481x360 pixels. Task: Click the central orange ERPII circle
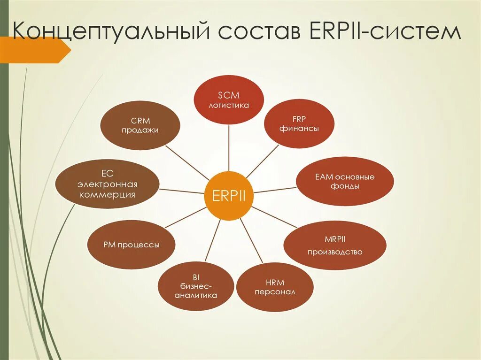pyautogui.click(x=229, y=196)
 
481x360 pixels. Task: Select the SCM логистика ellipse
pyautogui.click(x=229, y=100)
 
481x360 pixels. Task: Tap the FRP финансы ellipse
pyautogui.click(x=299, y=123)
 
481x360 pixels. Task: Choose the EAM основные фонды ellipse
pyautogui.click(x=344, y=181)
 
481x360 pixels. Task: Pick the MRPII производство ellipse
pyautogui.click(x=335, y=245)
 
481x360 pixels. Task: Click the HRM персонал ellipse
pyautogui.click(x=275, y=287)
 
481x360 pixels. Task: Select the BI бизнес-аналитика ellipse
pyautogui.click(x=196, y=287)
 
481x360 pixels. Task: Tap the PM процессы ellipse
pyautogui.click(x=132, y=245)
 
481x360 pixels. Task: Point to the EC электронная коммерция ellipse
pyautogui.click(x=107, y=184)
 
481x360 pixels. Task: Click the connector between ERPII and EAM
pyautogui.click(x=275, y=190)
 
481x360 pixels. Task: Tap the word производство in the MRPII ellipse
pyautogui.click(x=335, y=252)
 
